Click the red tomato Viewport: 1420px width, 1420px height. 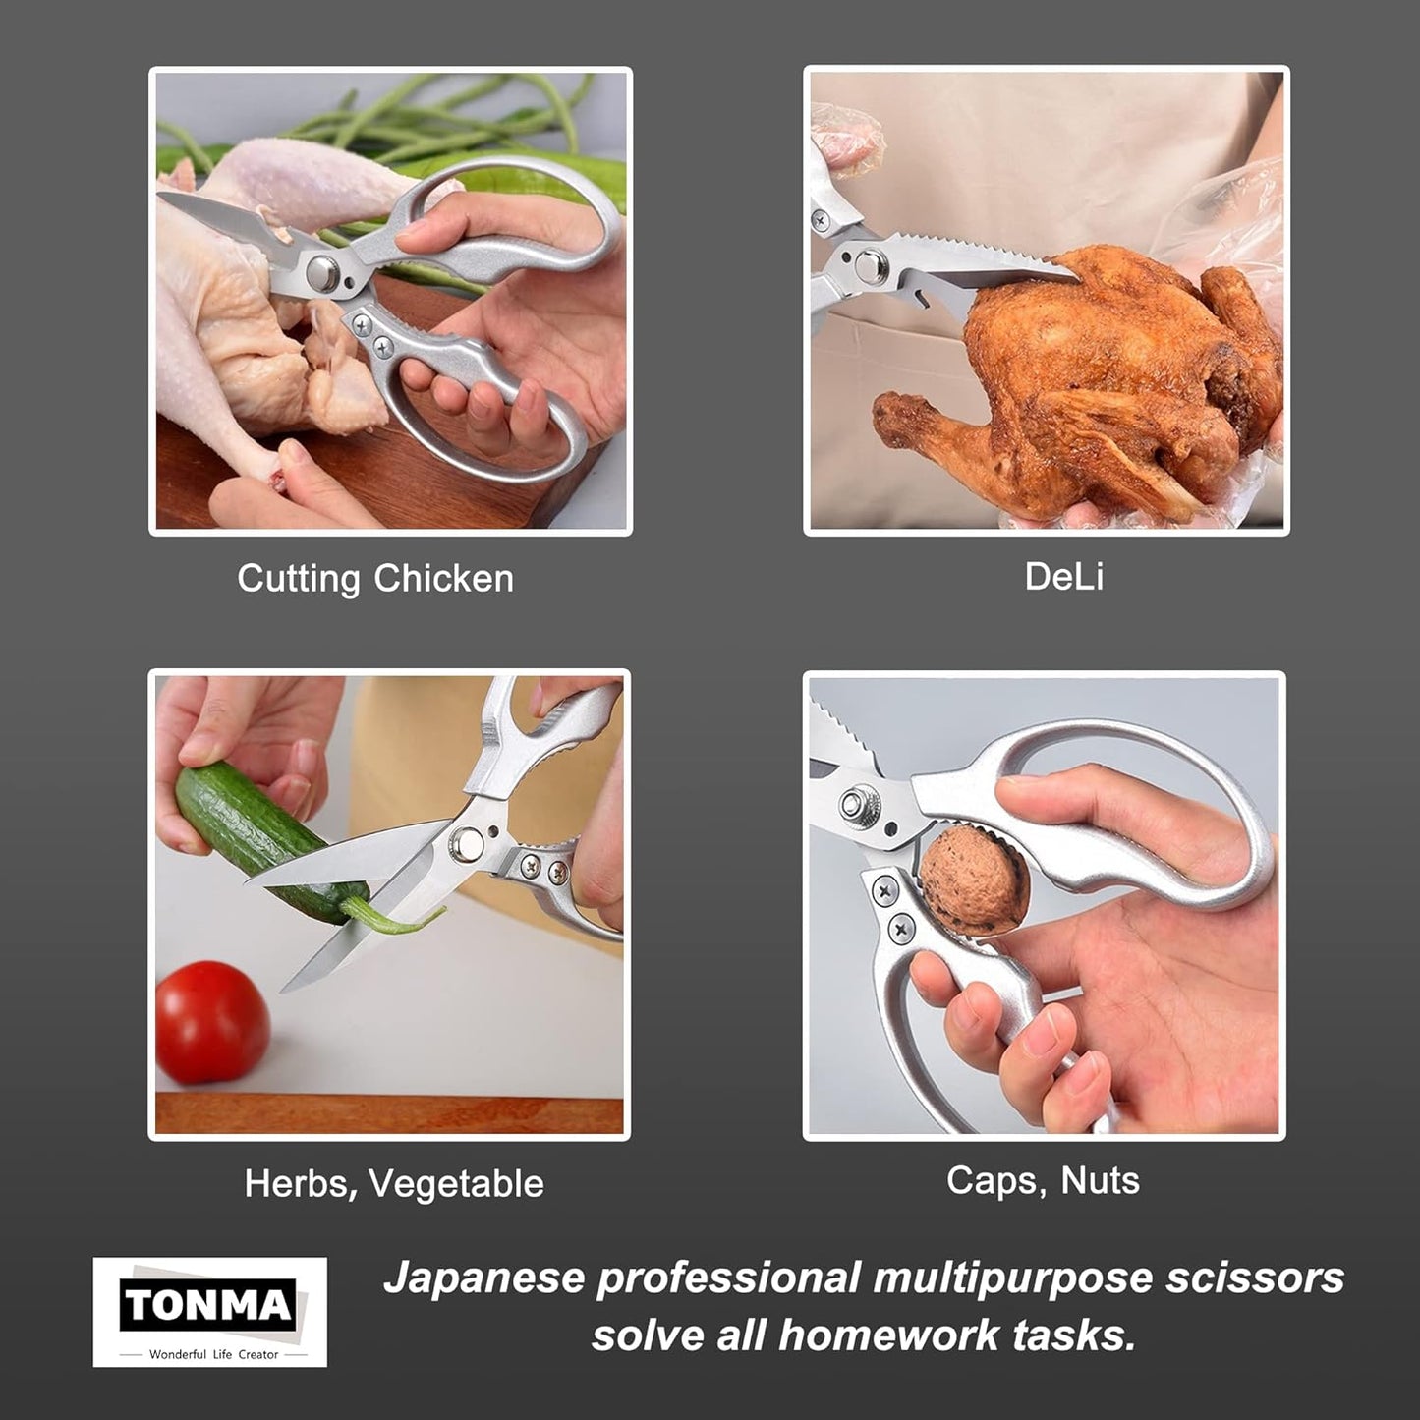212,1022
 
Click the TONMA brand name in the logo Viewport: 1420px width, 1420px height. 208,1306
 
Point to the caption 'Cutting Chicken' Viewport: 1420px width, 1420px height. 375,579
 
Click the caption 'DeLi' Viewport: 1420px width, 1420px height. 1063,576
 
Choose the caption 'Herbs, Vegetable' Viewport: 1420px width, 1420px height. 394,1183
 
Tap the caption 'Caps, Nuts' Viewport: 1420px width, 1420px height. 1043,1180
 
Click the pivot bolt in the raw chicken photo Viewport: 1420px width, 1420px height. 321,272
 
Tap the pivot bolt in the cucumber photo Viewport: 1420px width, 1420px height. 467,842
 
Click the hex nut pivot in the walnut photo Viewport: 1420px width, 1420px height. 858,803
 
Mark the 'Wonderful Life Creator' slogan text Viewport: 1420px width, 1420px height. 213,1354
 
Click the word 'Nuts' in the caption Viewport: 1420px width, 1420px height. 1101,1180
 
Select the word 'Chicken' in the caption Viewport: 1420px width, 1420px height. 443,579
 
